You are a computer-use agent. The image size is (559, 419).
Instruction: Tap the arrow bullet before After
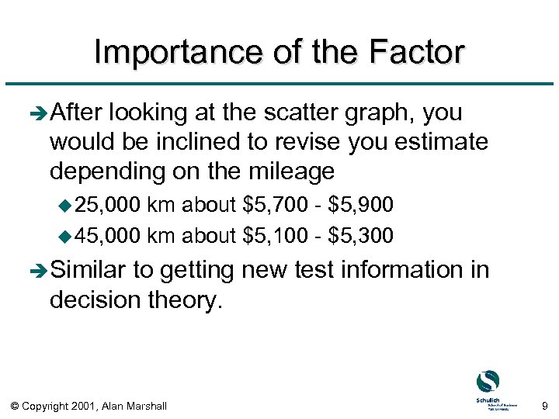[38, 114]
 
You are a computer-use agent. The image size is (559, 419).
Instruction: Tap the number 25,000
[109, 205]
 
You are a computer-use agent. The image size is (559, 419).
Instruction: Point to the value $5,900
[362, 205]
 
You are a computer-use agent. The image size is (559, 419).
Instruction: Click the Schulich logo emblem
[488, 382]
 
